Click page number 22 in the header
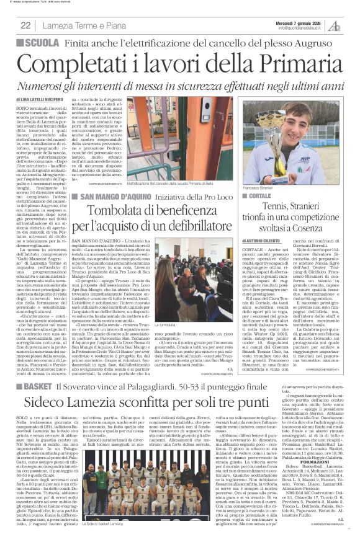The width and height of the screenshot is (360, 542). (26, 25)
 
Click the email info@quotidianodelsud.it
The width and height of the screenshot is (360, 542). (302, 28)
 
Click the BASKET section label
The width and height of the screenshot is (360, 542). (38, 369)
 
